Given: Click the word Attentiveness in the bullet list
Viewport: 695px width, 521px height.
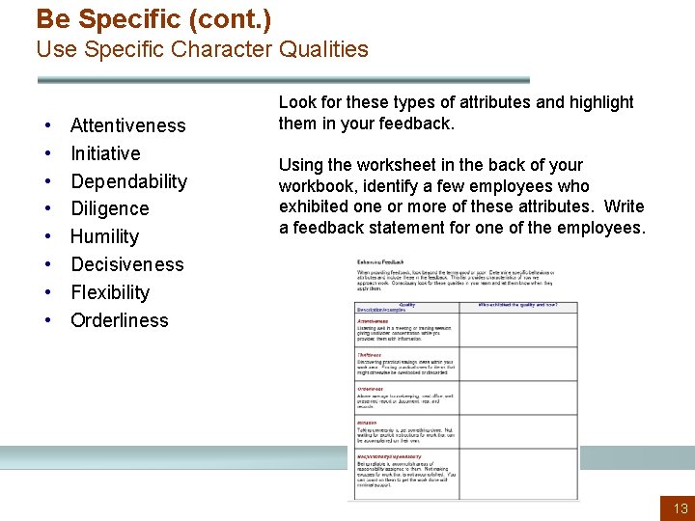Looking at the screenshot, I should [127, 125].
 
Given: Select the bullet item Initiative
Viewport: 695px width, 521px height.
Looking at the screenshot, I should [105, 153].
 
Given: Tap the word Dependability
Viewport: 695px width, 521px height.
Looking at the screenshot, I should [128, 181].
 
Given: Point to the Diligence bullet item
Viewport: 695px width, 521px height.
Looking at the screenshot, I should [109, 208].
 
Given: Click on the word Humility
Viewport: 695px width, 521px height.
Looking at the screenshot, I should [104, 236].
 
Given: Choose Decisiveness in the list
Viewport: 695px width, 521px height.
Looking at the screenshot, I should [126, 264].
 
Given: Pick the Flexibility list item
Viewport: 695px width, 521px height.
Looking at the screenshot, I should [110, 292].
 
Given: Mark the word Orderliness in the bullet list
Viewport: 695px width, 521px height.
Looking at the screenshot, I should [119, 320].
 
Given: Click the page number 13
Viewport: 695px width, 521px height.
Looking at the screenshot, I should [681, 508].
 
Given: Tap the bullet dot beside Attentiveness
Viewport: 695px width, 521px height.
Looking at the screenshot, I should [47, 126].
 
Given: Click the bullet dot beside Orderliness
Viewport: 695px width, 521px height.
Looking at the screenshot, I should [47, 321].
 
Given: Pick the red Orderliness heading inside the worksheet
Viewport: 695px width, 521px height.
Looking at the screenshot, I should [371, 389].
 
